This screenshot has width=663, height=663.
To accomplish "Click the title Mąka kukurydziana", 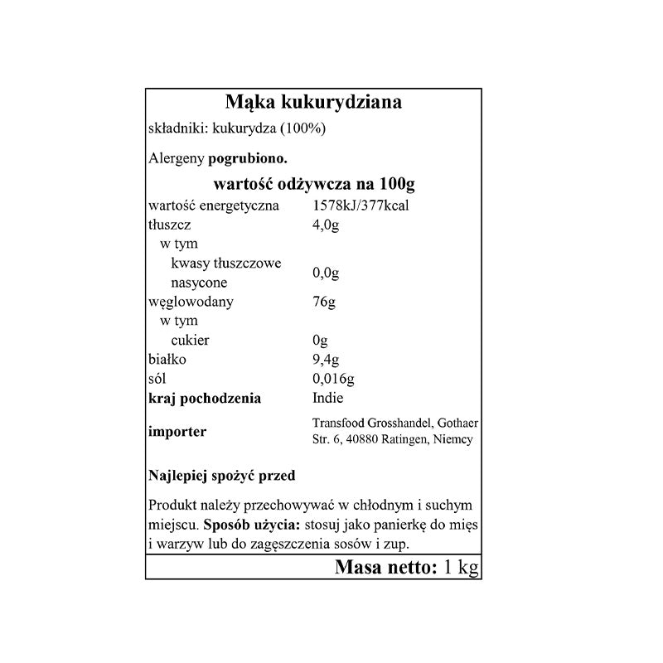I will (x=313, y=103).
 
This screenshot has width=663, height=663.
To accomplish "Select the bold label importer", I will (x=177, y=431).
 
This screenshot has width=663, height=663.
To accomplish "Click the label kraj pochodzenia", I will (x=205, y=399).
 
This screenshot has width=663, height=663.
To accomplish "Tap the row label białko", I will (x=167, y=360).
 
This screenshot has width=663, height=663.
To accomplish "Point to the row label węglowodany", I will (x=190, y=302).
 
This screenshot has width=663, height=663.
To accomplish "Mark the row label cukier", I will (x=190, y=341).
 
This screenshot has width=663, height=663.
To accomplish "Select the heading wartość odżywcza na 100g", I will (x=314, y=183).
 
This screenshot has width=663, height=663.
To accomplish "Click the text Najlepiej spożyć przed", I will (x=222, y=477).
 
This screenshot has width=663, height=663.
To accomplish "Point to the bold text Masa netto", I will (x=385, y=568).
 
